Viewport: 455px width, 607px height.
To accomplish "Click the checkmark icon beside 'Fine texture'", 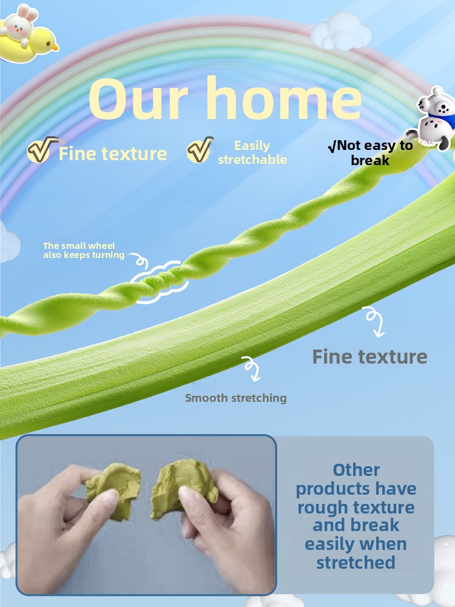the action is point(42,149).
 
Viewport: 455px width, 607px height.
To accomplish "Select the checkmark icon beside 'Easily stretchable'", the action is point(200,149).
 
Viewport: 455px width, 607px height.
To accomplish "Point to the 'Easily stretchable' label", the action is point(252,152).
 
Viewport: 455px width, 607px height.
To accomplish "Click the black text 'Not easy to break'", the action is point(370,152).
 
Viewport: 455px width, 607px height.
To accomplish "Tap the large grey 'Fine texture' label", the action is point(369,356).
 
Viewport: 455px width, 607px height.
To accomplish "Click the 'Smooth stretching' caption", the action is point(235,398).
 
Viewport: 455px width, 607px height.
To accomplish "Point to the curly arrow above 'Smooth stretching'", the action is point(252,369).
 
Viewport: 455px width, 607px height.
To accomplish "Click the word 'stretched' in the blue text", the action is point(356,563).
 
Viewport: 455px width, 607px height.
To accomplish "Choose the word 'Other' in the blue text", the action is point(356,470).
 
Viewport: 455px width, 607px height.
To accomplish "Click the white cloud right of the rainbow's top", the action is point(341,31).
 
